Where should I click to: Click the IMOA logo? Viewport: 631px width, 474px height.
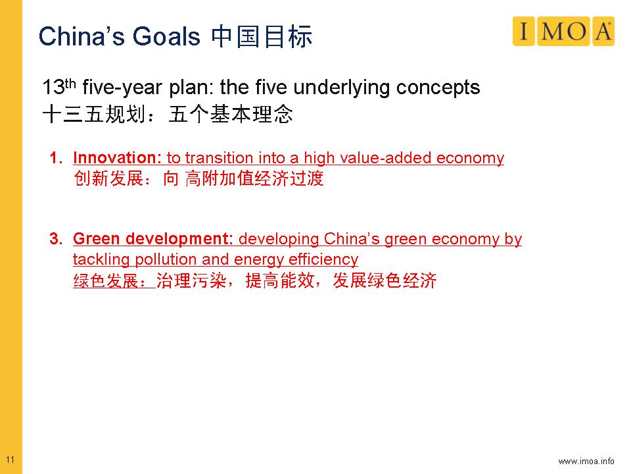[563, 31]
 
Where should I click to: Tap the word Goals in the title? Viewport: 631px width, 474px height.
[166, 36]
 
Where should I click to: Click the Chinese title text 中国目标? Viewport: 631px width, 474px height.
[262, 37]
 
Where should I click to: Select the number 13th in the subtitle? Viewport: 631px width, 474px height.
[58, 87]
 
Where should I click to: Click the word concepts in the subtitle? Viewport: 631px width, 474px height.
[438, 88]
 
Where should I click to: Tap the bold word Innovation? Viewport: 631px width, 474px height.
[117, 157]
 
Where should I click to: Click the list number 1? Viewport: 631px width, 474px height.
[55, 157]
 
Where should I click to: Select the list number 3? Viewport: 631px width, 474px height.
[55, 238]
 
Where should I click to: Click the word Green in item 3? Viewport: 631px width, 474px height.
[96, 238]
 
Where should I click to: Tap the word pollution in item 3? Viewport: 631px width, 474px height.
[166, 259]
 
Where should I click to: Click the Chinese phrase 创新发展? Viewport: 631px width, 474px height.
[108, 178]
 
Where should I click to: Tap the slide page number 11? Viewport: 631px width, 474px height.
[10, 460]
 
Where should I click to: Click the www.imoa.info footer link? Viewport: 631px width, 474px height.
[586, 461]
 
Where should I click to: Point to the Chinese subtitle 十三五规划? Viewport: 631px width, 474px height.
[94, 114]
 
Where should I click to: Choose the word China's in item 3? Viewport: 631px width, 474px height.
[351, 238]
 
